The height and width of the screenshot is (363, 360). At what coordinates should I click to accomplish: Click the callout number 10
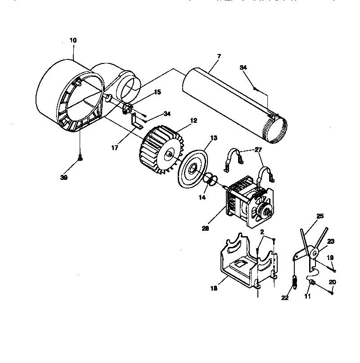[73, 40]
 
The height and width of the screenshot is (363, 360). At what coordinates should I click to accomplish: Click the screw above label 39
[80, 158]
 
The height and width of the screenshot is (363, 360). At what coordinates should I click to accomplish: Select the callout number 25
[320, 216]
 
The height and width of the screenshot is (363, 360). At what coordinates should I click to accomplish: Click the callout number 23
[331, 241]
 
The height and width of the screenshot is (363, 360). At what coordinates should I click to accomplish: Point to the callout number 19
[330, 258]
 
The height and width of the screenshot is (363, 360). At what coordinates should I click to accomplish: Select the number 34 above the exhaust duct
[243, 67]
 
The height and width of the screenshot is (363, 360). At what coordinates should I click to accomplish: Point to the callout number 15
[144, 92]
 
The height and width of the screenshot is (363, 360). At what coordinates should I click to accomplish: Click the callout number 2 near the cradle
[261, 232]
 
